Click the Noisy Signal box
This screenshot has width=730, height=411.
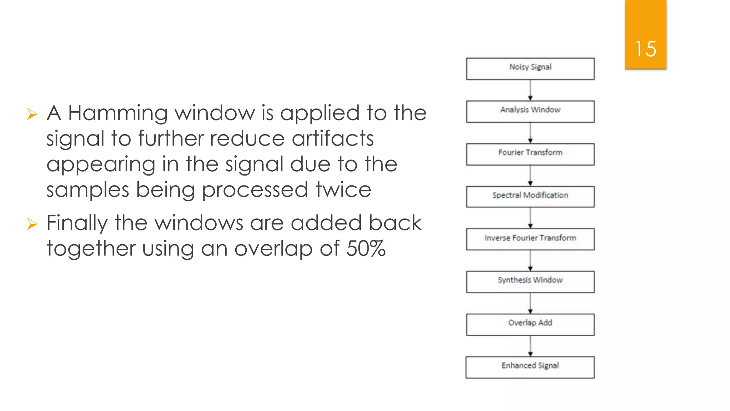tap(530, 69)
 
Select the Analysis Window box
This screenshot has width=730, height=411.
tap(530, 111)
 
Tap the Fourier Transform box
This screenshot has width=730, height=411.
tap(530, 154)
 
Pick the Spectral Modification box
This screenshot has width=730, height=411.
tap(530, 197)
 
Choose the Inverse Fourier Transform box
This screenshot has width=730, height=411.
tap(530, 239)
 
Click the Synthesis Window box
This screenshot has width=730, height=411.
tap(530, 282)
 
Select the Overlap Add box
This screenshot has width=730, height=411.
tap(530, 324)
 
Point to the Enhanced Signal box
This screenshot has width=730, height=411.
tap(530, 367)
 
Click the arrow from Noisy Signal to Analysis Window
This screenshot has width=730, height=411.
tap(530, 90)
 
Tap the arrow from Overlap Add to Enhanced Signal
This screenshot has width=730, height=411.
tap(530, 346)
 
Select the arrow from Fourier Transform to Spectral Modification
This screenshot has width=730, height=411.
tap(530, 176)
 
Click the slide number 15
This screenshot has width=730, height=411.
tap(646, 49)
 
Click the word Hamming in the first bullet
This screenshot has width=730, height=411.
tap(118, 113)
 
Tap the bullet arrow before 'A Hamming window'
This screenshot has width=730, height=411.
tap(32, 114)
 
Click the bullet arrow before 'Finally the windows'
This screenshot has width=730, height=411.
tap(32, 224)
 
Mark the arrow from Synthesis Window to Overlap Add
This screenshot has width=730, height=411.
tap(530, 303)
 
